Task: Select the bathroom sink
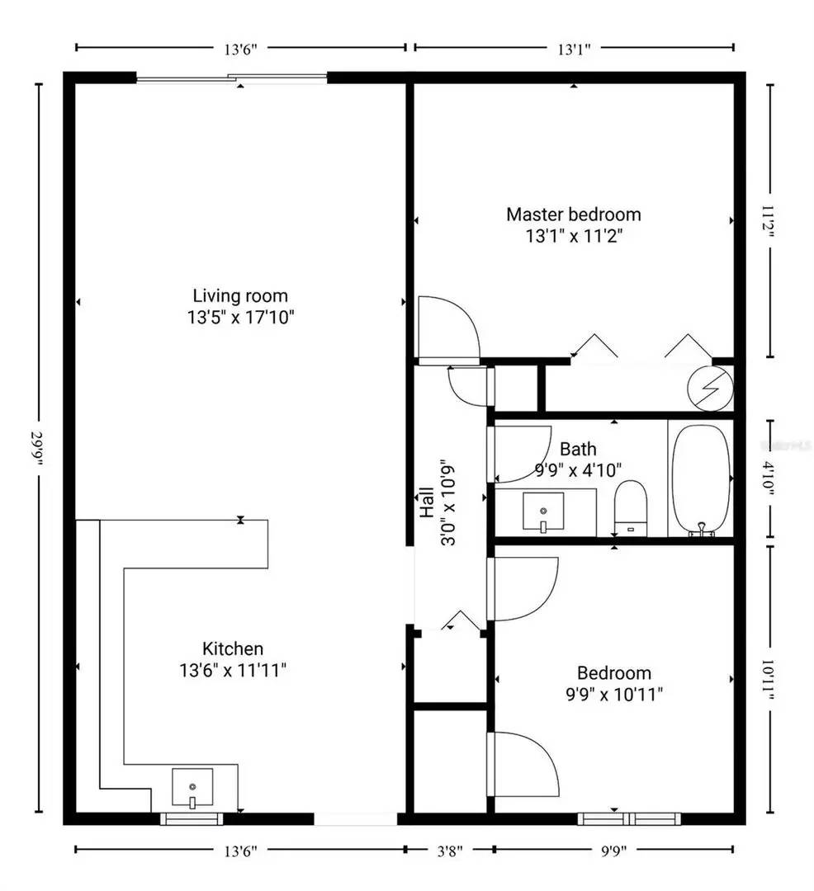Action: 543,512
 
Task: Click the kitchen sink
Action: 192,788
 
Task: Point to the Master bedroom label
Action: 573,214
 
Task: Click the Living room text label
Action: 240,295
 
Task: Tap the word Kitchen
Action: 233,648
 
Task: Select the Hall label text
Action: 427,502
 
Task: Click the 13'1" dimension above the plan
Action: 572,48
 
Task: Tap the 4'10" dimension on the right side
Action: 769,479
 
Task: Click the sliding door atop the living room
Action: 231,78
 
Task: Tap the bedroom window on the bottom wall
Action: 629,819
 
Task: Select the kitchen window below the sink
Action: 191,819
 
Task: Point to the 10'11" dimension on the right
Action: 769,679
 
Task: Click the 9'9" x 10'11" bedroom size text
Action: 609,694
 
